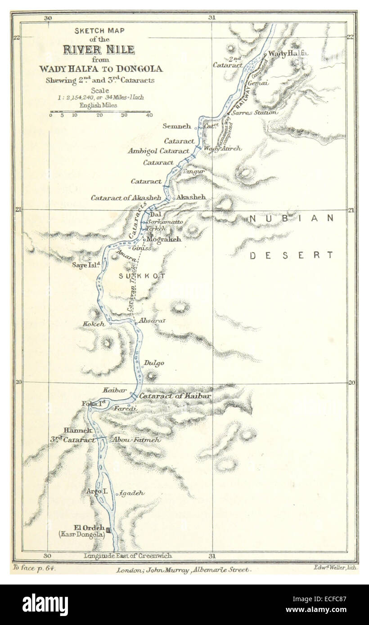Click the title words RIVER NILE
99,49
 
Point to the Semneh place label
177,127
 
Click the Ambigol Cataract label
158,151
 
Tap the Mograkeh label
165,239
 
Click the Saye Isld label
85,265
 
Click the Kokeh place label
94,324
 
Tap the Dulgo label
154,363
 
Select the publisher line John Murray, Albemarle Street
182,570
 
